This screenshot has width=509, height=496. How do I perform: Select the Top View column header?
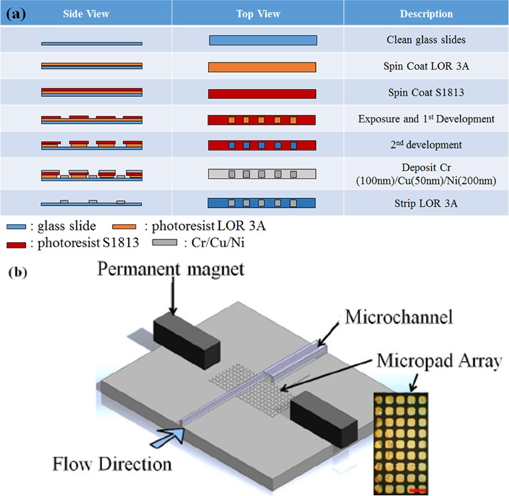[257, 13]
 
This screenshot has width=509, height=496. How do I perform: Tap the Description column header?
[426, 13]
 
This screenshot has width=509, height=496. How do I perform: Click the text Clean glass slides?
[426, 40]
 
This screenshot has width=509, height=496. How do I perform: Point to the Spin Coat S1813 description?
[426, 93]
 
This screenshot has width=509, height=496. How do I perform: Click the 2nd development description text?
[426, 145]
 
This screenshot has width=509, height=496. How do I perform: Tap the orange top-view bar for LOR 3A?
[262, 67]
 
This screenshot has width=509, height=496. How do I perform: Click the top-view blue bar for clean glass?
[262, 40]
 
